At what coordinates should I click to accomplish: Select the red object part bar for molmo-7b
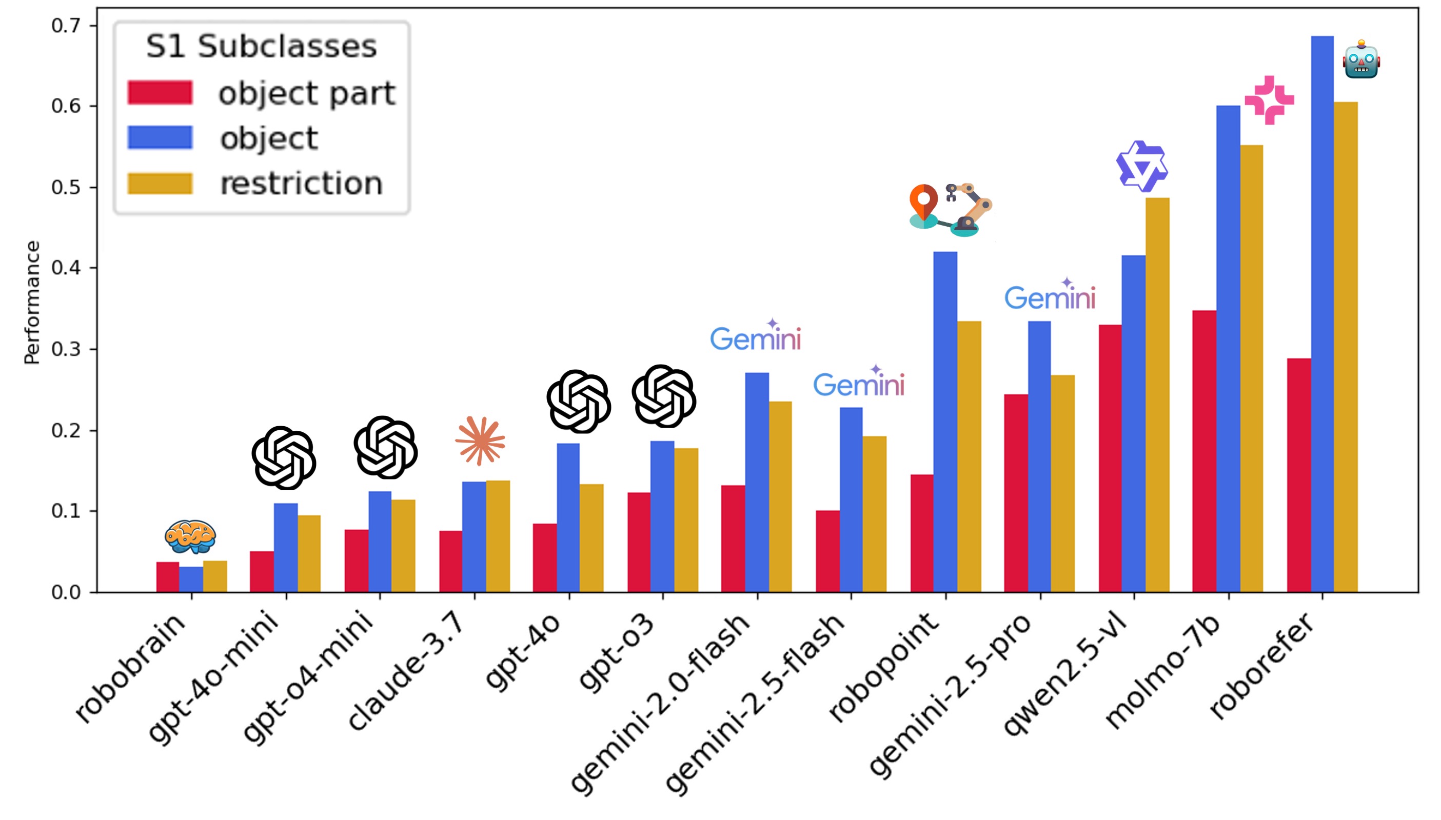point(1204,451)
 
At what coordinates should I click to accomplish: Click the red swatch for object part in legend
point(160,93)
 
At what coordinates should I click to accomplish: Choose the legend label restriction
point(301,184)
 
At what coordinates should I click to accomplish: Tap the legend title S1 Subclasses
point(262,46)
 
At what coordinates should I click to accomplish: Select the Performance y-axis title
point(32,303)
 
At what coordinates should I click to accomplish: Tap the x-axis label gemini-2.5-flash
point(755,704)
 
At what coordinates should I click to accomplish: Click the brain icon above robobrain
point(190,536)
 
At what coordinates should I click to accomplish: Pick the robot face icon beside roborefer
point(1360,61)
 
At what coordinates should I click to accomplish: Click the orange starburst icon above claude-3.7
point(480,441)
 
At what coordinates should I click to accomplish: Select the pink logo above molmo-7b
point(1269,100)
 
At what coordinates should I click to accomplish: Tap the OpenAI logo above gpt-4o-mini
point(283,457)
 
